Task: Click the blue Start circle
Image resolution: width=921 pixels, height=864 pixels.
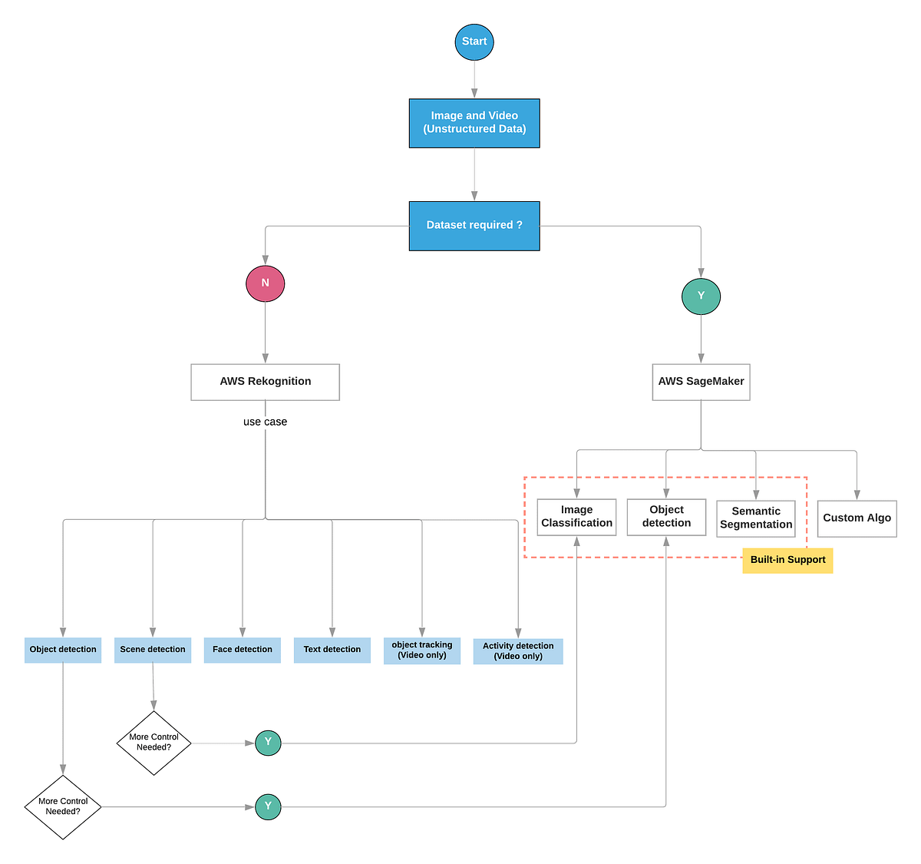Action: coord(474,41)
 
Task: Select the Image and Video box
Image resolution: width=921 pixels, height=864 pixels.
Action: coord(474,123)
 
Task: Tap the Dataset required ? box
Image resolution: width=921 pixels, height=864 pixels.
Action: coord(474,226)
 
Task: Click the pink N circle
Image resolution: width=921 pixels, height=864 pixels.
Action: coord(266,283)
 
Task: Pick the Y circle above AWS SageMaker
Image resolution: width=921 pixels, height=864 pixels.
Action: coord(701,296)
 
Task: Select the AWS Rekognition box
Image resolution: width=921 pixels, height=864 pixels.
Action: coord(266,382)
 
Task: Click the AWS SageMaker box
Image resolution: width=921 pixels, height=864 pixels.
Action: coord(701,382)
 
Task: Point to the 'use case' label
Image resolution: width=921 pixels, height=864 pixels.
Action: coord(266,422)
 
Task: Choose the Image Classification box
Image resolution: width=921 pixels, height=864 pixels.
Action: coord(576,517)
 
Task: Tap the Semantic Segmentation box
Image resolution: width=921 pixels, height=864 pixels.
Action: coord(756,518)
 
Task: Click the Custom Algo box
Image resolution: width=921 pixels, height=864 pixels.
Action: coord(857,518)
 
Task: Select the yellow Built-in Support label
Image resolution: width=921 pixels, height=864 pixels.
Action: coord(787,560)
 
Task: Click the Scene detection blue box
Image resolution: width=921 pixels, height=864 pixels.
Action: coord(153,650)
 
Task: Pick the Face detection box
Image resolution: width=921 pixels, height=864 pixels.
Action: coord(243,650)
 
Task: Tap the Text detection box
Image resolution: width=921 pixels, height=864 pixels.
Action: coord(332,650)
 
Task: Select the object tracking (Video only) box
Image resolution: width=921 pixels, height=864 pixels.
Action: coord(422,650)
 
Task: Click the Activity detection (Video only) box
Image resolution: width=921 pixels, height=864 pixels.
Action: coord(518,651)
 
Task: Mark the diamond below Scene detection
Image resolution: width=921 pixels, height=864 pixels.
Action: coord(153,743)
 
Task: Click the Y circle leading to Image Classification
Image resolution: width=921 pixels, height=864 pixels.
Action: coord(268,743)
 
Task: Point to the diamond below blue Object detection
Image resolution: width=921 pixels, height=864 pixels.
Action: coord(63,806)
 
